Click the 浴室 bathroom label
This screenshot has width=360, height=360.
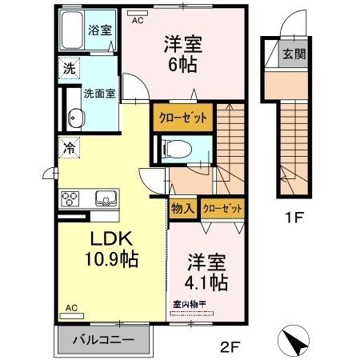[x=100, y=31]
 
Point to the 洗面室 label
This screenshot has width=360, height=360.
[x=100, y=93]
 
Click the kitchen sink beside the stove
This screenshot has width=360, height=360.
[x=105, y=198]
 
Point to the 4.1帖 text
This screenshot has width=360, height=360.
[x=207, y=282]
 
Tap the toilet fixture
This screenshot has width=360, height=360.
[x=175, y=147]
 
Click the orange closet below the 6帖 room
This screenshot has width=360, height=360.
[x=183, y=117]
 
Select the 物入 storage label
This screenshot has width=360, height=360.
[x=182, y=208]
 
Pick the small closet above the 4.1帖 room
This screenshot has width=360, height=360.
[x=222, y=208]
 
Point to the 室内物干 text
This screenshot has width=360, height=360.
[x=190, y=304]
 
